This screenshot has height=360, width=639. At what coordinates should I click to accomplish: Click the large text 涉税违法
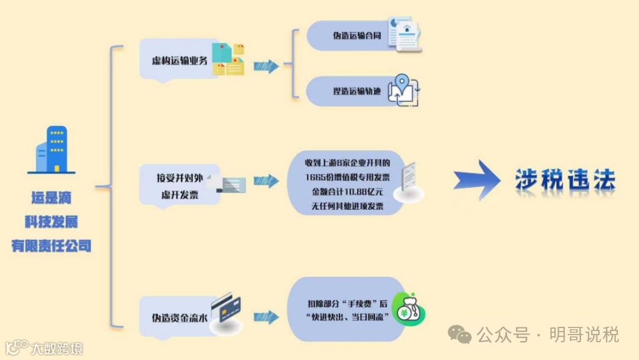[x=565, y=180]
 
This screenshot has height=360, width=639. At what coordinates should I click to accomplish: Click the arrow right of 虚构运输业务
[x=266, y=66]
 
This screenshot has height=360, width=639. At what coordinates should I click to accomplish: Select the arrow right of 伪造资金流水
[x=266, y=317]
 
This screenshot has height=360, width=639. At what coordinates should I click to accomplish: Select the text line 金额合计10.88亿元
[x=347, y=192]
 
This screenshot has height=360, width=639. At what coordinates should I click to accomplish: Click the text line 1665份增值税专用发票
[x=347, y=178]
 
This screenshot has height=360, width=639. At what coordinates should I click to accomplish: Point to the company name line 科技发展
[x=51, y=222]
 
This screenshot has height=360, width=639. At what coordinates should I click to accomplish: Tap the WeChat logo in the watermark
[x=460, y=335]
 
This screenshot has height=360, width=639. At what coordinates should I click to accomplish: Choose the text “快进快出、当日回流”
[x=347, y=318]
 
